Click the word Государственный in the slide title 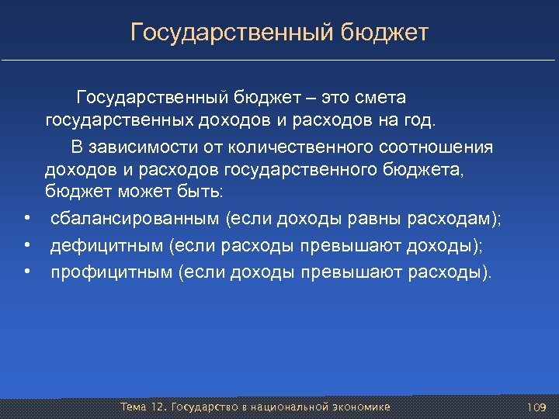[231, 33]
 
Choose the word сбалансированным [135, 220]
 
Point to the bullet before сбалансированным [26, 220]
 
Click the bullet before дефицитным [26, 246]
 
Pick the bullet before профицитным [26, 272]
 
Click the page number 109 [537, 407]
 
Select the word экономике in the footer [363, 407]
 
